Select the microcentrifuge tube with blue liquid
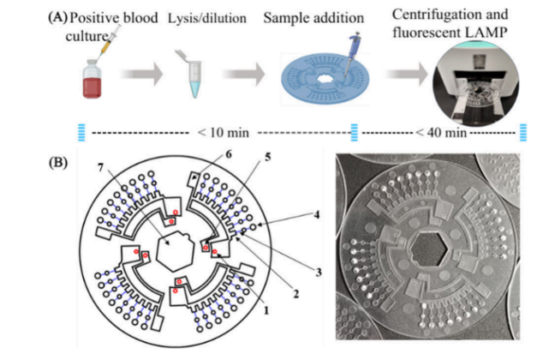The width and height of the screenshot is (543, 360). [x=194, y=79]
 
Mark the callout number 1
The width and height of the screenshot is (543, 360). [x=266, y=312]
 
